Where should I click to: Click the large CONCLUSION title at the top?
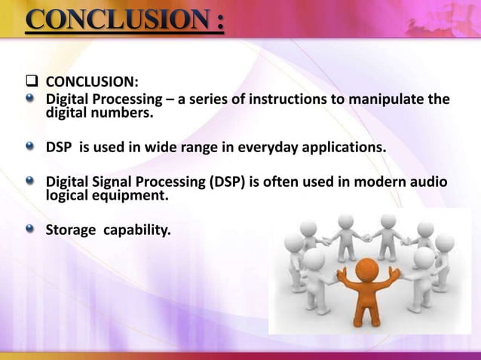pyautogui.click(x=125, y=19)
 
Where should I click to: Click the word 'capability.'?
pyautogui.click(x=139, y=227)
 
